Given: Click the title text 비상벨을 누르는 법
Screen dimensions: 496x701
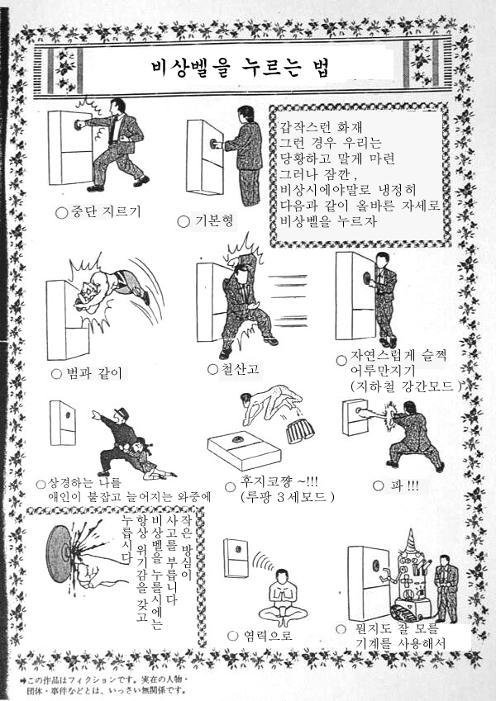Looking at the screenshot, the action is pyautogui.click(x=241, y=69).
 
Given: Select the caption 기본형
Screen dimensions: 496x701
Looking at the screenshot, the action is pyautogui.click(x=214, y=220).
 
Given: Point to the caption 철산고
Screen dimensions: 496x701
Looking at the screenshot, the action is pyautogui.click(x=240, y=369).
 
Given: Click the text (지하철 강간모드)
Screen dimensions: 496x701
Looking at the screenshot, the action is pyautogui.click(x=406, y=386).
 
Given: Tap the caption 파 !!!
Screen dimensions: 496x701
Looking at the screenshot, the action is pyautogui.click(x=404, y=486).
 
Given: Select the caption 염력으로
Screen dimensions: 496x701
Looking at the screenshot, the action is pyautogui.click(x=268, y=635).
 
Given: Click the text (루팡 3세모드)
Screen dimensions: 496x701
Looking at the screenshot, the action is pyautogui.click(x=288, y=497).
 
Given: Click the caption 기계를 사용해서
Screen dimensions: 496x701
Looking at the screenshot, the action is pyautogui.click(x=401, y=643).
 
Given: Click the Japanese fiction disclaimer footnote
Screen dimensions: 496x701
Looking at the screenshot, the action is pyautogui.click(x=104, y=684).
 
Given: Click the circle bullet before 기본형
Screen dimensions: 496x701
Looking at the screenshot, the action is pyautogui.click(x=183, y=222).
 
